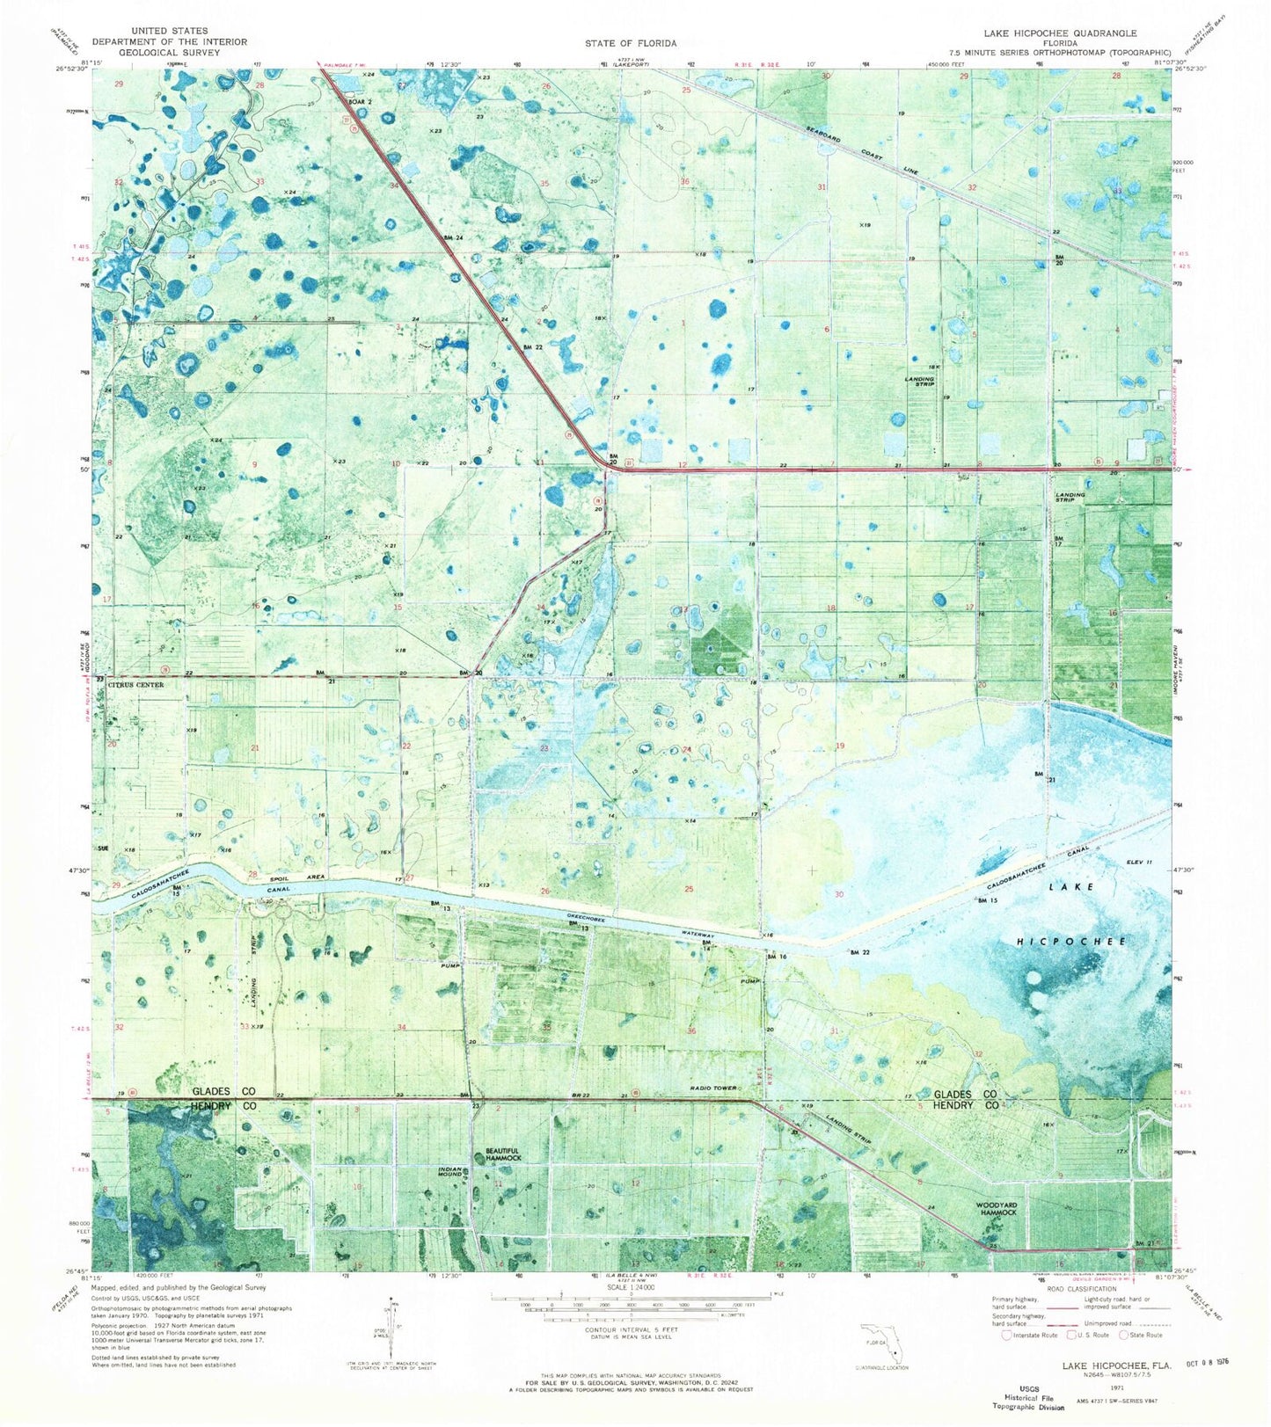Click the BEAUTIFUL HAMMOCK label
(504, 1154)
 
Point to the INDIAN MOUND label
(451, 1173)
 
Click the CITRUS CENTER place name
(136, 684)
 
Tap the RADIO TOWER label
(713, 1088)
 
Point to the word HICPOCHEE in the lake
(1071, 941)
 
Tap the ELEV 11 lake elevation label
(1134, 863)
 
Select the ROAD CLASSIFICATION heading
(1078, 1289)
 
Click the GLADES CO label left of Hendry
(224, 1091)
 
